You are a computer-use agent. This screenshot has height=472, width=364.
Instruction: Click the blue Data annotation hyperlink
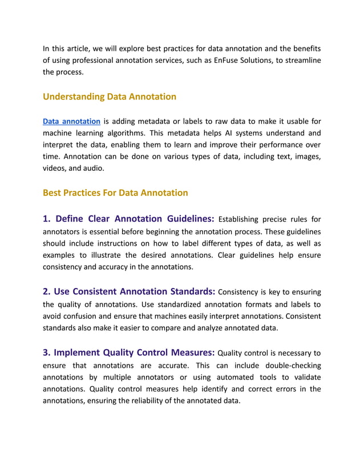[x=72, y=121]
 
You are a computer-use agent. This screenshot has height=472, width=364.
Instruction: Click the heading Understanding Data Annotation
[x=110, y=97]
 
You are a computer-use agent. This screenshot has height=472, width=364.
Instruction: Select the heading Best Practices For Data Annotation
[x=115, y=193]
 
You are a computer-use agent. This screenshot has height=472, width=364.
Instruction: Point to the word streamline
[x=300, y=60]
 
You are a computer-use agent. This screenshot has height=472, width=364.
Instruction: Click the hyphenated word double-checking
[x=292, y=365]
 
